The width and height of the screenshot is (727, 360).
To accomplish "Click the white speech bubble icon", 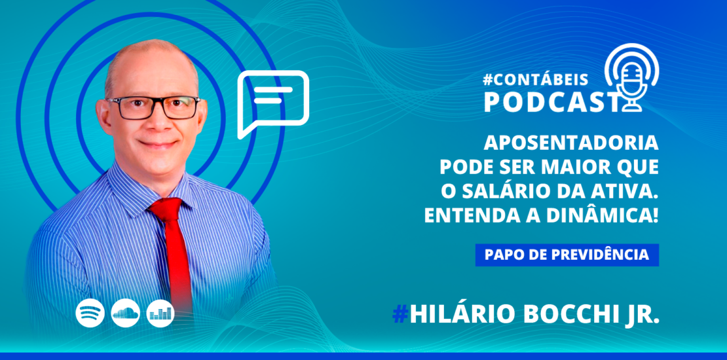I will click(x=272, y=102).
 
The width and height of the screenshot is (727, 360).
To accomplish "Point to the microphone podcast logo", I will click(x=629, y=79).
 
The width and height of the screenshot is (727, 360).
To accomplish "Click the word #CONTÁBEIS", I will click(x=535, y=79).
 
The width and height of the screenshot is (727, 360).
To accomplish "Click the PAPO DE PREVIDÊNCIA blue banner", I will click(x=567, y=255).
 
